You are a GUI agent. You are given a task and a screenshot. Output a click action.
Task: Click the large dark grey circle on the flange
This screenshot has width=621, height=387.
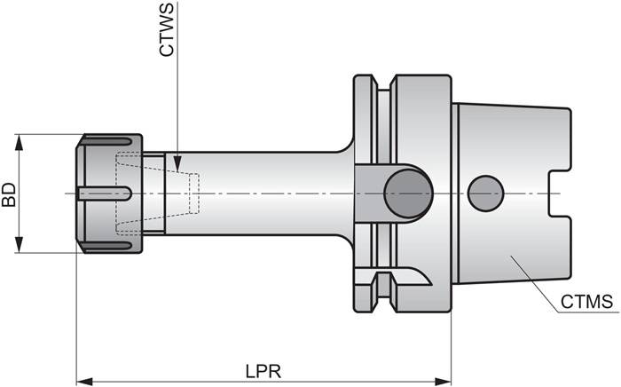[408, 193]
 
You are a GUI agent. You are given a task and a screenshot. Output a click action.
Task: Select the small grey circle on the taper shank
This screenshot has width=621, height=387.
[485, 193]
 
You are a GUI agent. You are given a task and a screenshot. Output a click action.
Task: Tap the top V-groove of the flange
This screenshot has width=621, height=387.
[383, 89]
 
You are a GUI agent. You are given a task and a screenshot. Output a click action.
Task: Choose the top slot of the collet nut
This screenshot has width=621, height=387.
[111, 141]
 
